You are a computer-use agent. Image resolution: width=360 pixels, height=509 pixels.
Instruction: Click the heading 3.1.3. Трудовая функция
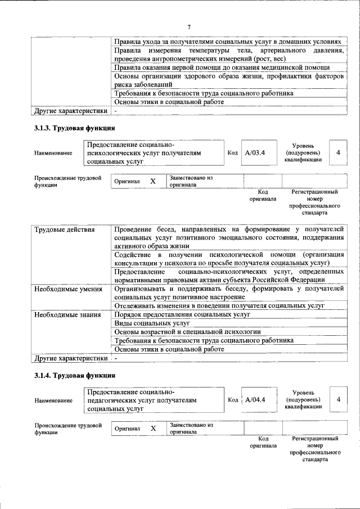click(75, 129)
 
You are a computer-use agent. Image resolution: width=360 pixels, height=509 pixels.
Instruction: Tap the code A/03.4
click(255, 152)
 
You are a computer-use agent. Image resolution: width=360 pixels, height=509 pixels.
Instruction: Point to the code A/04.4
click(255, 399)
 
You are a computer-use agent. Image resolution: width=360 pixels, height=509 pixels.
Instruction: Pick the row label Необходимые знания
click(67, 314)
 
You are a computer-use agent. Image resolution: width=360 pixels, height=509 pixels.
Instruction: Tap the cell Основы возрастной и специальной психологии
click(187, 332)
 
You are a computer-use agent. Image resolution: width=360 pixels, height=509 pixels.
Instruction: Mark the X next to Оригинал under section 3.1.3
click(152, 182)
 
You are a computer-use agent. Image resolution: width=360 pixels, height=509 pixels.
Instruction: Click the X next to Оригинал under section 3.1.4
click(152, 429)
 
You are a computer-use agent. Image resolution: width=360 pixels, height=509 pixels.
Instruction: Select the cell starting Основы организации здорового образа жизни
click(228, 80)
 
